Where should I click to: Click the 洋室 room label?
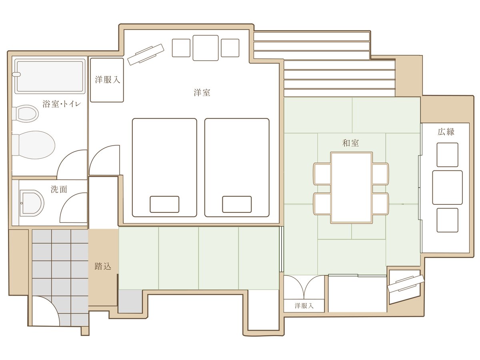[x=202, y=92]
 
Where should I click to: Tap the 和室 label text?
[x=350, y=143]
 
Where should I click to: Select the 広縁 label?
[x=446, y=132]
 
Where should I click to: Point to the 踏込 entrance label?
[x=103, y=266]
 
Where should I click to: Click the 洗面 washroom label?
[x=59, y=189]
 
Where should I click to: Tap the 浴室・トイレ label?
[x=62, y=104]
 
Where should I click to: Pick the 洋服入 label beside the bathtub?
[x=107, y=80]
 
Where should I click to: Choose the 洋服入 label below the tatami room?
[x=304, y=306]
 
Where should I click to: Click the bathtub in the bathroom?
[x=50, y=76]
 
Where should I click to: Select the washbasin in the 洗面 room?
[x=32, y=203]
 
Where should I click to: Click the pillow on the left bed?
[x=164, y=204]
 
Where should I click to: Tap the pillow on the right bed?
[x=237, y=204]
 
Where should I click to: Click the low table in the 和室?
[x=352, y=188]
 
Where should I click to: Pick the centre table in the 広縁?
[x=447, y=187]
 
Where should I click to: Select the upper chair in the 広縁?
[x=447, y=155]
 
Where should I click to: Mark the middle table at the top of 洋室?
[x=205, y=48]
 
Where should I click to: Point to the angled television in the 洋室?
[x=146, y=54]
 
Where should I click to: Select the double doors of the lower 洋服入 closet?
[x=304, y=285]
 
